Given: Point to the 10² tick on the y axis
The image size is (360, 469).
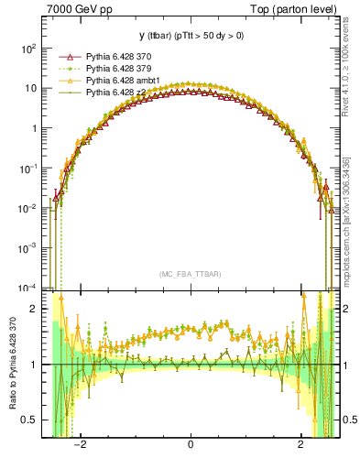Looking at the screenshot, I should pyautogui.click(x=30, y=48).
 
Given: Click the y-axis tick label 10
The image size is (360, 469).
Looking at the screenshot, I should pyautogui.click(x=32, y=88).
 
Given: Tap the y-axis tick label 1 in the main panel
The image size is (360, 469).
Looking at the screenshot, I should pyautogui.click(x=35, y=128).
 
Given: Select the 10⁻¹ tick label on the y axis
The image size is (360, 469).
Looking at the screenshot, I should pyautogui.click(x=30, y=168).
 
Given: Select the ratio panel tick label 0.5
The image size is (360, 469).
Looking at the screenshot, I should pyautogui.click(x=30, y=420).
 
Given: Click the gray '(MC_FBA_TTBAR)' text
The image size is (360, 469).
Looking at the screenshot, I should pyautogui.click(x=191, y=273).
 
